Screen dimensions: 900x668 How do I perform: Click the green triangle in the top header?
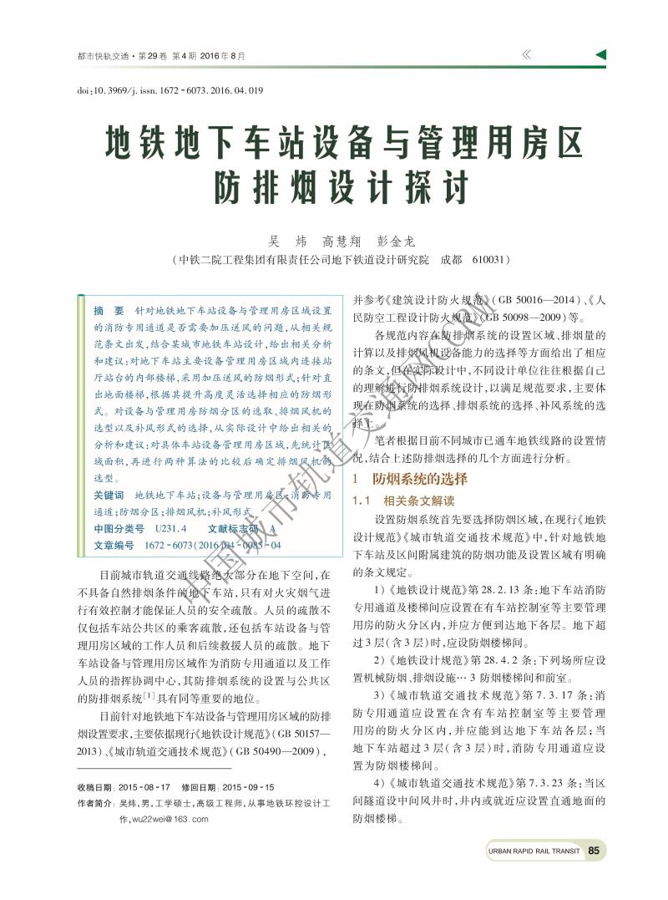coord(600,55)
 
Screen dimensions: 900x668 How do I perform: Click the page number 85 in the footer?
coord(595,851)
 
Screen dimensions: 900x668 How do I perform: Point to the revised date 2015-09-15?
coord(248,787)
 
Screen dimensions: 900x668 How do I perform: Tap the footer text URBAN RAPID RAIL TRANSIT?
coord(532,852)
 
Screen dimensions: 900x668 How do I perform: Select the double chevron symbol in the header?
coord(526,55)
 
